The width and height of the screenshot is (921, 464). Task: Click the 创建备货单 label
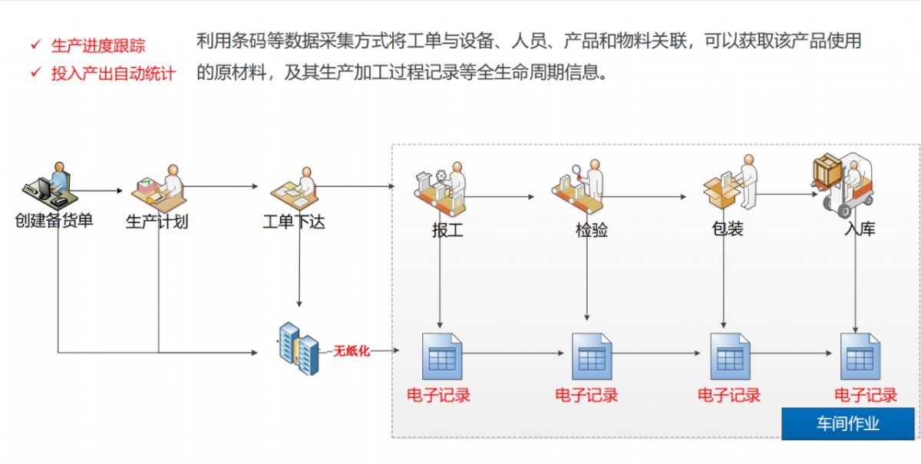point(54,221)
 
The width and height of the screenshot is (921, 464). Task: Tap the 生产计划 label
point(157,222)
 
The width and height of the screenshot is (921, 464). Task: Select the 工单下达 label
point(294,222)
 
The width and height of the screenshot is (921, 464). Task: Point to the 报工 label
point(447,229)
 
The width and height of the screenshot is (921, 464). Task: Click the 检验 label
point(592,229)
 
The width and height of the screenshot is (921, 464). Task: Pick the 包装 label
point(728,229)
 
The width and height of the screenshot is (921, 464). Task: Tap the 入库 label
point(860,229)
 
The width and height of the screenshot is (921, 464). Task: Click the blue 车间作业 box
point(848,423)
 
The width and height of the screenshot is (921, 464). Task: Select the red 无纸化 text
point(352,351)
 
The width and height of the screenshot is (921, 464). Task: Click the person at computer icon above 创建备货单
point(48,186)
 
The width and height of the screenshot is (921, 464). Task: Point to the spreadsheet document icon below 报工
point(443,356)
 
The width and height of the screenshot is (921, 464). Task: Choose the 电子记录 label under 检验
point(587,395)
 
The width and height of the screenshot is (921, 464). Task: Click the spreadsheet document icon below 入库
point(860,356)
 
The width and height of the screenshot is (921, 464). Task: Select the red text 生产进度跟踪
point(98,45)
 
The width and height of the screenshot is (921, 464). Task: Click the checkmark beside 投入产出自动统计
point(35,73)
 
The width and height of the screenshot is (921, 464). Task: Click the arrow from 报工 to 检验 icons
point(500,197)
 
